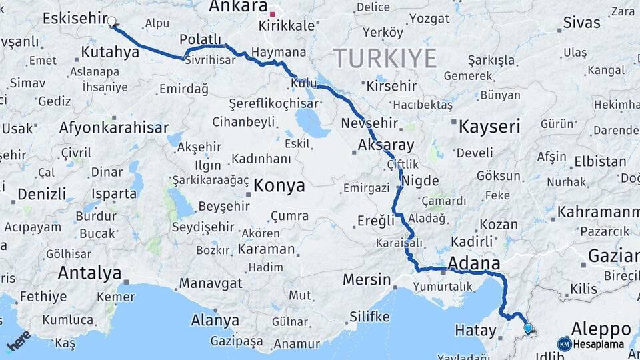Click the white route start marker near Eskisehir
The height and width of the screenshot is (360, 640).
[x=112, y=21]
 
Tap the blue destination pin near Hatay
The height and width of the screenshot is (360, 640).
[x=528, y=327]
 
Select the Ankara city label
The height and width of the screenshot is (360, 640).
[x=238, y=7]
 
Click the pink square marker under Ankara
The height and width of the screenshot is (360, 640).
[x=272, y=13]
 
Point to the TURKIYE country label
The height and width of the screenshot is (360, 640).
[x=385, y=59]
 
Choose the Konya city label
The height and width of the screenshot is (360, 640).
[x=279, y=185]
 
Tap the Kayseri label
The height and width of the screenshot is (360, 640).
[x=489, y=127]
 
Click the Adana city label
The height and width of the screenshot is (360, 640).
[x=474, y=262]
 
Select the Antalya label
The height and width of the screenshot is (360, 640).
[x=89, y=273]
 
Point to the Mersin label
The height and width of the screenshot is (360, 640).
[x=366, y=279]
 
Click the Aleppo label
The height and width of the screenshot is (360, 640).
[x=601, y=329]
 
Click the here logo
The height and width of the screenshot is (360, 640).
[x=19, y=341]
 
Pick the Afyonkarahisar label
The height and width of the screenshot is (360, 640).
[x=114, y=127]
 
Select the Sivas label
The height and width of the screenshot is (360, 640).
[x=582, y=23]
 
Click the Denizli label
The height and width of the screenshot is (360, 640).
[x=42, y=194]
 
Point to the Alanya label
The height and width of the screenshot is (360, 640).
[x=215, y=320]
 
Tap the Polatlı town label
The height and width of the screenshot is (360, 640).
[x=200, y=39]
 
